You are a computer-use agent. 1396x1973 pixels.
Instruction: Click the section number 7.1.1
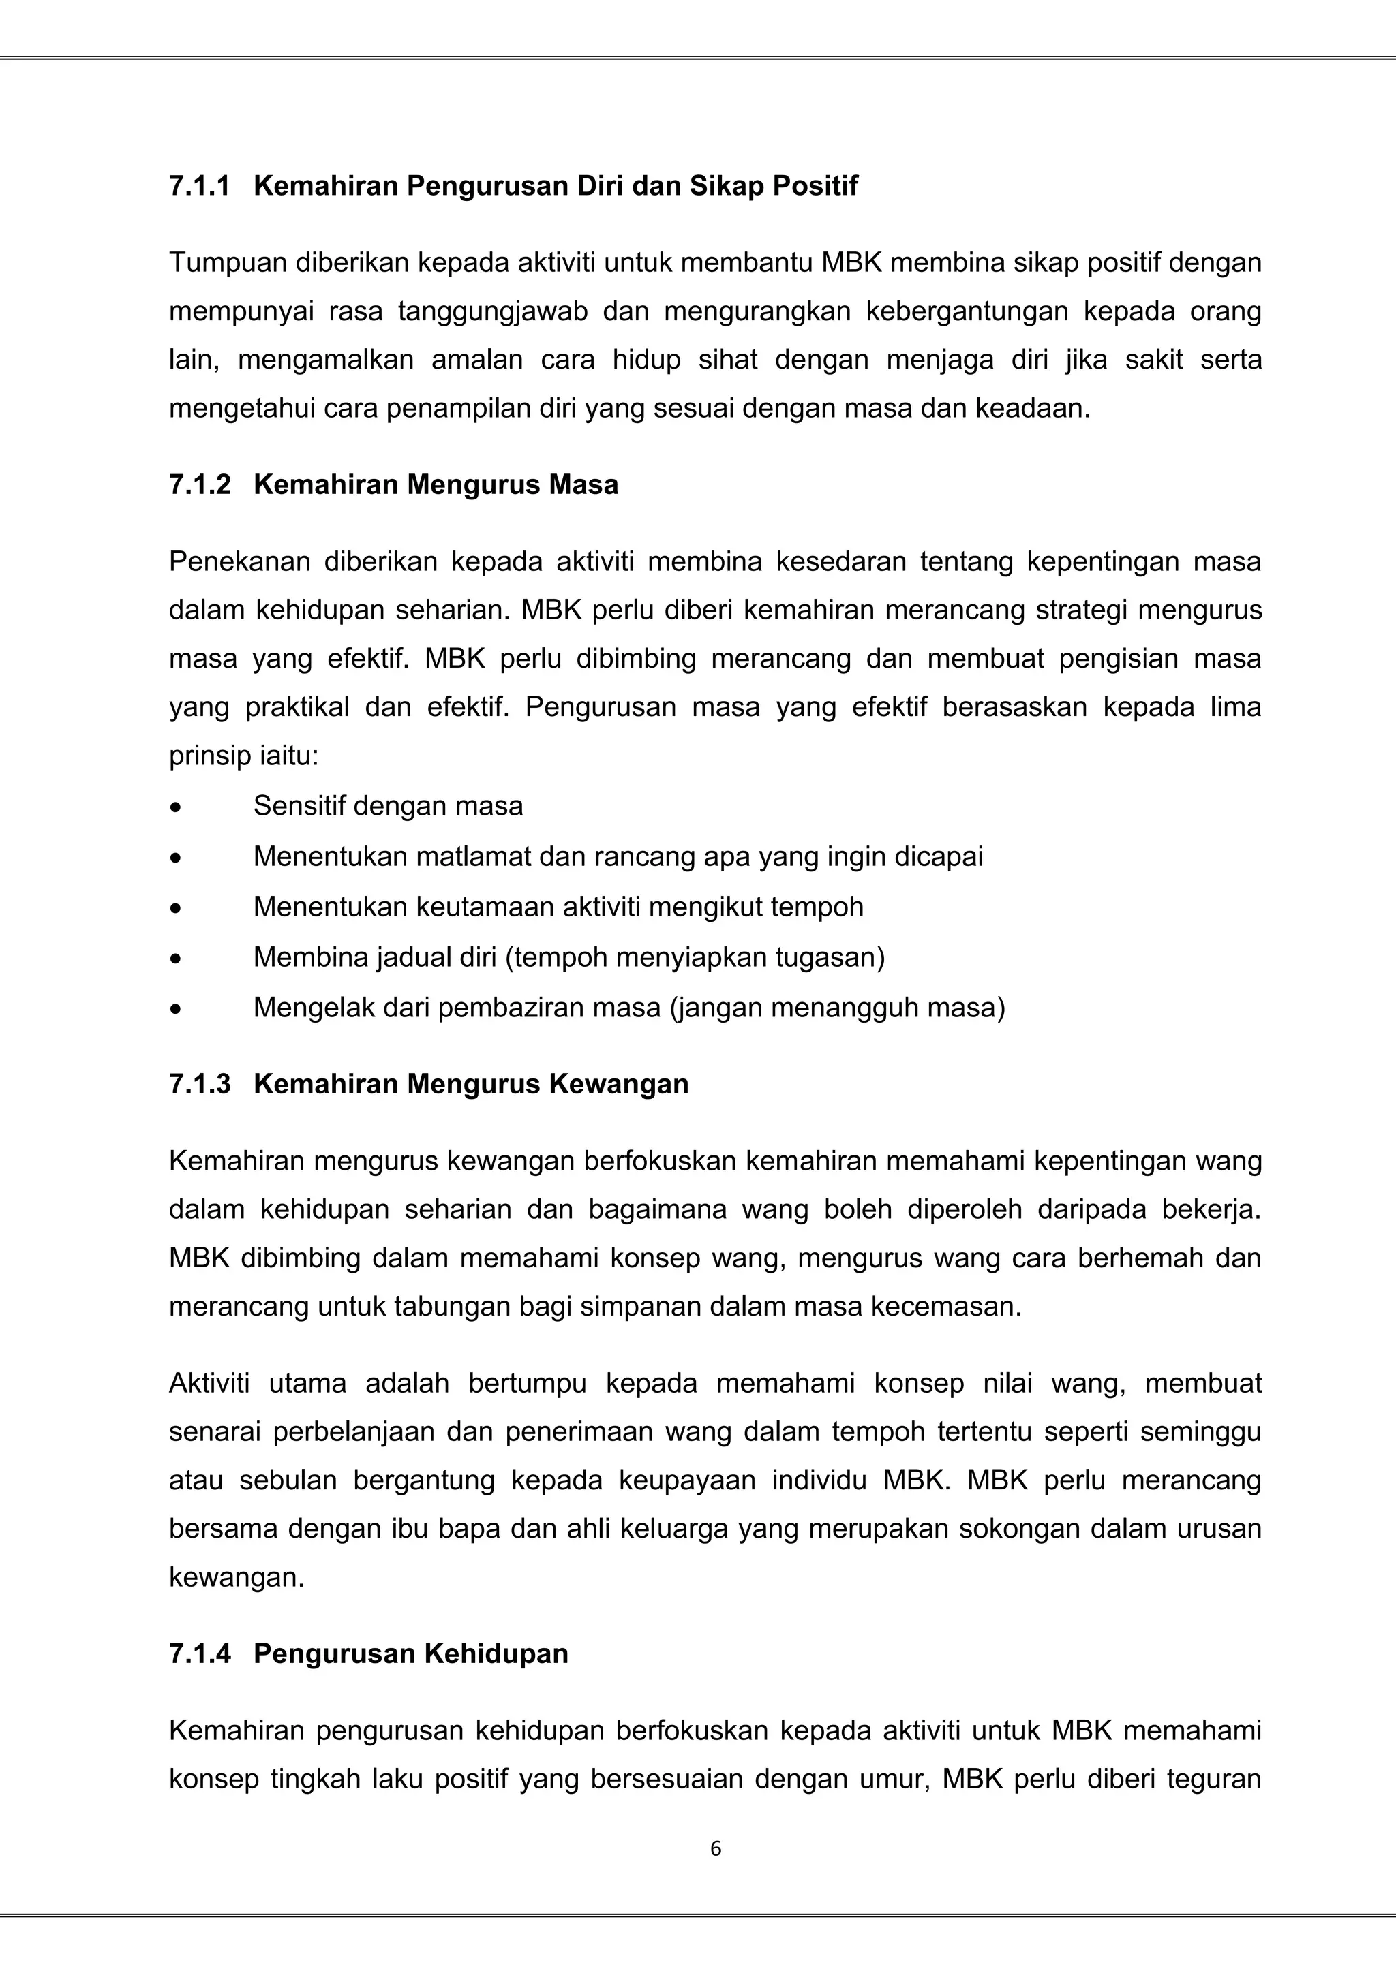point(200,187)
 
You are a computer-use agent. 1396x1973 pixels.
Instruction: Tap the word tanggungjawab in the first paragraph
point(493,311)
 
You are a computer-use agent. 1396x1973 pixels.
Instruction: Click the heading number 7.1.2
point(200,486)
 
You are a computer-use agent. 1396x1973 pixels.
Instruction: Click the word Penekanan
point(238,562)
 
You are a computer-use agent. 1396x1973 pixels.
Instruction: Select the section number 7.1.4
point(200,1654)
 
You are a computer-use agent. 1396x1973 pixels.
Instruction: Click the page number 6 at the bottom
point(716,1849)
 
